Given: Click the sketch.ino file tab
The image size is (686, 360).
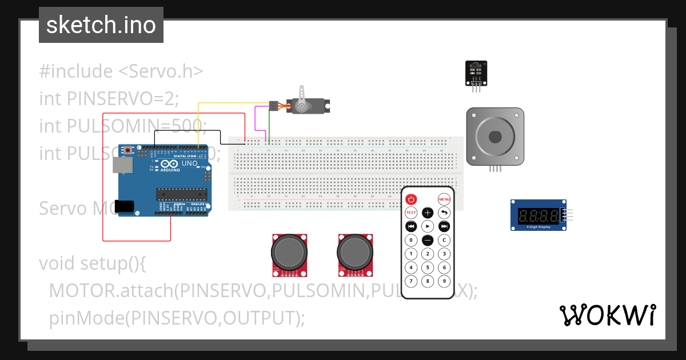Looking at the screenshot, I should coord(101,25).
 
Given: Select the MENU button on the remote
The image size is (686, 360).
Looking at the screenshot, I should coord(444,199).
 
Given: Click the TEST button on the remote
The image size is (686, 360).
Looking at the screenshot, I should coord(410,213).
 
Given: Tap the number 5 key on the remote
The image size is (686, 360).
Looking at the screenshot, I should coord(428,267).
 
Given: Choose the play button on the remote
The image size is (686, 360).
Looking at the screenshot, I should coord(428,226).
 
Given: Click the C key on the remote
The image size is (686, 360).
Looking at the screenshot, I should coord(444,240).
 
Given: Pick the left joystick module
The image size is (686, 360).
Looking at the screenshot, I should coord(289,252).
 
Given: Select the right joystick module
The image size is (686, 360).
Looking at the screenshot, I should coord(356,252).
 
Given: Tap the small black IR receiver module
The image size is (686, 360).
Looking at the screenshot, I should coord(476,73).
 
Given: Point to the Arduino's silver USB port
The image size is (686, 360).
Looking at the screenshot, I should coord(123,165).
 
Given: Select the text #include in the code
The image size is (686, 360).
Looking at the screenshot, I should coord(76,71).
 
